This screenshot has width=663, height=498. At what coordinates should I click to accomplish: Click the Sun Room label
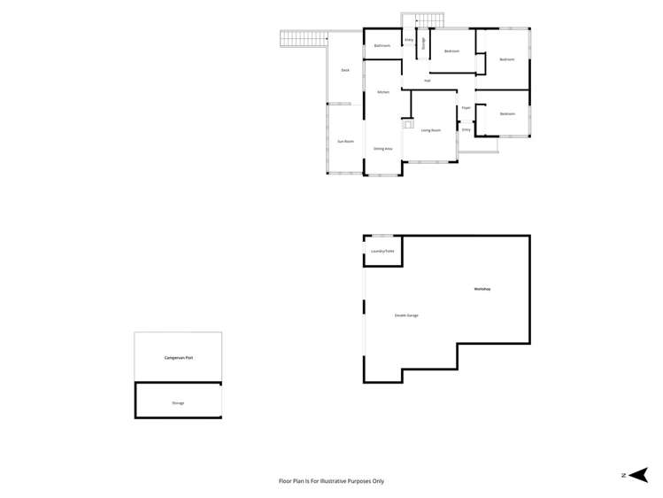(x=345, y=142)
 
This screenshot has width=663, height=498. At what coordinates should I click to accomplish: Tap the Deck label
(x=345, y=70)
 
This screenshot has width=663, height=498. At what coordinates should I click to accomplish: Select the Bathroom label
(x=382, y=46)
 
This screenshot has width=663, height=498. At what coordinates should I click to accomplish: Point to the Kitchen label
(x=383, y=92)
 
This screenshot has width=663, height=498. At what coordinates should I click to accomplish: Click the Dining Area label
(x=383, y=149)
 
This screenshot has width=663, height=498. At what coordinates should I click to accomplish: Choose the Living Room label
(x=431, y=130)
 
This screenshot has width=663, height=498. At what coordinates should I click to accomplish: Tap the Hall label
(x=428, y=81)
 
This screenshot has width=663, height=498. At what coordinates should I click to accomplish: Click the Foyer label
(x=466, y=108)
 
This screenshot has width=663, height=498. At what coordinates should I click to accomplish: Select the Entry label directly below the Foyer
(x=466, y=129)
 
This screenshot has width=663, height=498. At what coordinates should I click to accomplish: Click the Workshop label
(x=482, y=290)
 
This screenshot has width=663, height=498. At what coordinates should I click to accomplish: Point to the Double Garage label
(x=406, y=315)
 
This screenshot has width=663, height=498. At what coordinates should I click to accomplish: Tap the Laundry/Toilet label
(x=382, y=252)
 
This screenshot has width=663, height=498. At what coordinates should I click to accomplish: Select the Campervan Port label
(x=179, y=358)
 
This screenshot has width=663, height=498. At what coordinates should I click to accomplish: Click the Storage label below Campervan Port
(x=179, y=403)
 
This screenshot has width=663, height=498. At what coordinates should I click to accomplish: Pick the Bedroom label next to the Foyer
(x=507, y=114)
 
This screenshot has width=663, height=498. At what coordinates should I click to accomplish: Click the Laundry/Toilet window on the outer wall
(x=382, y=236)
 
